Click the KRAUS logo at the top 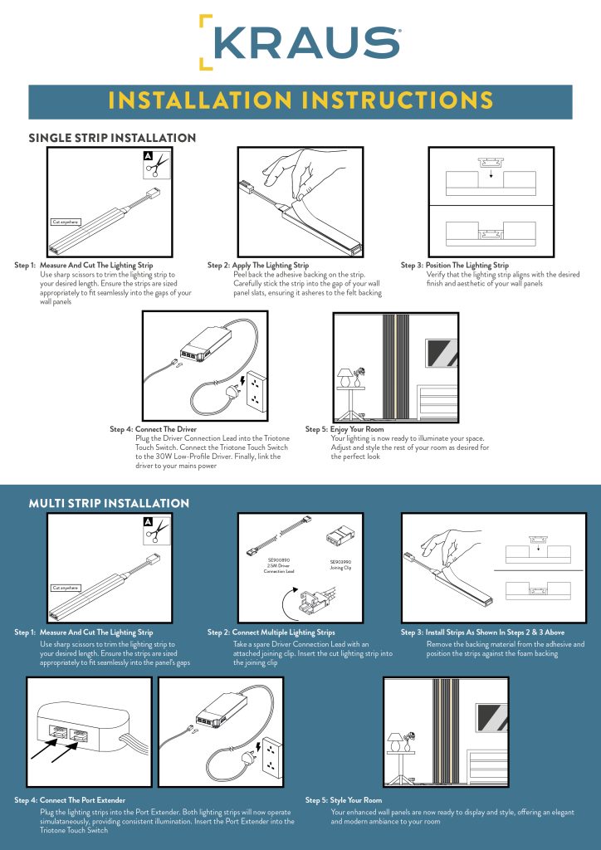pos(300,42)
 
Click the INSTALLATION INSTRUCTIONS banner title pos(300,101)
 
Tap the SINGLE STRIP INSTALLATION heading pos(112,137)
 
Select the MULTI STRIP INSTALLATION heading pos(109,503)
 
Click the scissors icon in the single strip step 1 pos(154,166)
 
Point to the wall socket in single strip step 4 pos(260,384)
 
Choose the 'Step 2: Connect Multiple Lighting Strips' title pos(271,633)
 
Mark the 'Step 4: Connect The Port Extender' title pos(78,800)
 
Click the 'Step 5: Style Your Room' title pos(344,800)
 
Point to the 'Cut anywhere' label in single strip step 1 pos(66,222)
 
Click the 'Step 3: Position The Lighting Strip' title pos(455,265)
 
